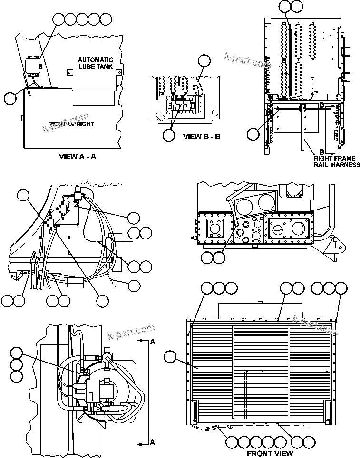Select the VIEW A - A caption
tap(77, 156)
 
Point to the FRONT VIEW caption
tap(270, 453)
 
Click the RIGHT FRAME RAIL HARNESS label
tap(336, 162)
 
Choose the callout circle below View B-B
tap(169, 135)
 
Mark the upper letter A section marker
tap(153, 342)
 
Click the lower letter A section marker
tap(153, 442)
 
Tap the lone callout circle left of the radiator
tap(170, 357)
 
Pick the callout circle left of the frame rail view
tap(253, 134)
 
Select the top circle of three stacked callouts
tap(16, 353)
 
